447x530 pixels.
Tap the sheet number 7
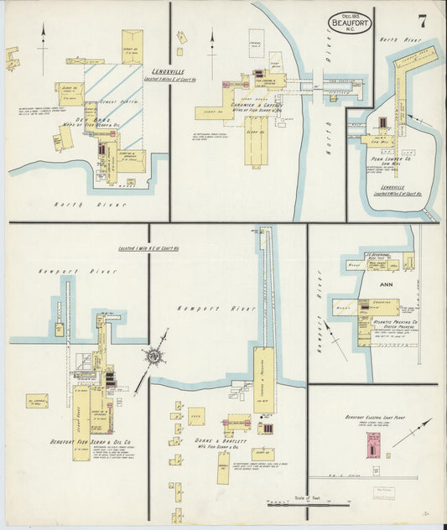(x=423, y=20)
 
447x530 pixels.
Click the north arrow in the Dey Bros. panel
(x=41, y=42)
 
